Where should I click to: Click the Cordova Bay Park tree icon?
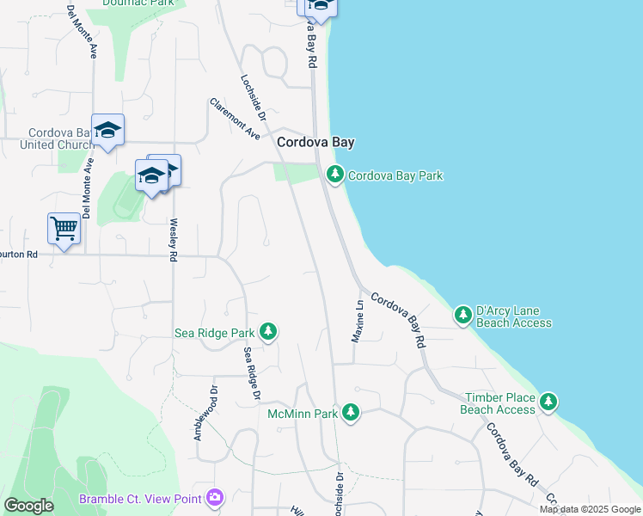(x=335, y=175)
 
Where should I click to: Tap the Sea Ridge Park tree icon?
(x=268, y=332)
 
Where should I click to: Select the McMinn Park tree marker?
(x=350, y=414)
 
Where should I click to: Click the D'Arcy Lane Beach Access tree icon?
(x=463, y=316)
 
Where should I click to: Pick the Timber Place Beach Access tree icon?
(x=548, y=402)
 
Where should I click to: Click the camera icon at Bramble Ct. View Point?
(x=214, y=498)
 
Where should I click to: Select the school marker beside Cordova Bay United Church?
(x=108, y=131)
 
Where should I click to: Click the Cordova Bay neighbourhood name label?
(x=315, y=143)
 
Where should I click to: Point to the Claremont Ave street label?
(x=235, y=119)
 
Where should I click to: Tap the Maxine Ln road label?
(x=358, y=321)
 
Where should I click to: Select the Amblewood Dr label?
(x=198, y=414)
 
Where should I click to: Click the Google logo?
(x=28, y=506)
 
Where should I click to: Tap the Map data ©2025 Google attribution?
(x=590, y=509)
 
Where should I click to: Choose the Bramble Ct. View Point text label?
(x=140, y=499)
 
